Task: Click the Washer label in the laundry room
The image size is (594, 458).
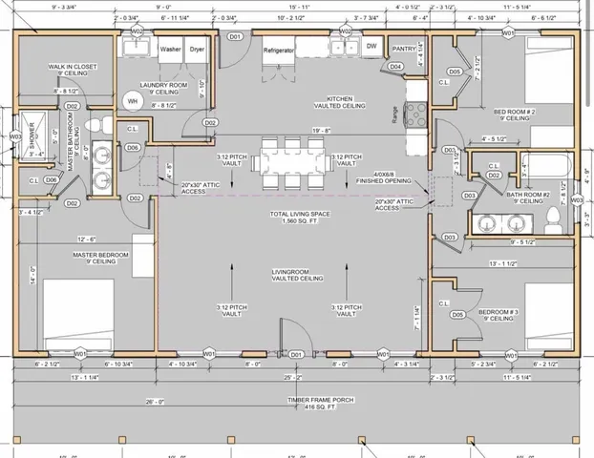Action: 170,49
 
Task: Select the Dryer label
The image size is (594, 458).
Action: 197,49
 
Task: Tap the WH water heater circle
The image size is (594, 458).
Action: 133,101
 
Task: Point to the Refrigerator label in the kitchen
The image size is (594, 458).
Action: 280,49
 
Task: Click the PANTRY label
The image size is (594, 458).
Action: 404,48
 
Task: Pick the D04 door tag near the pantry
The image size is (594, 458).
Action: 395,66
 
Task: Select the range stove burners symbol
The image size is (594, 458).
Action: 416,114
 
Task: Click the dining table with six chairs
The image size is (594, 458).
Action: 292,162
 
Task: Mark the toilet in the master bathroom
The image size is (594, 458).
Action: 93,125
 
